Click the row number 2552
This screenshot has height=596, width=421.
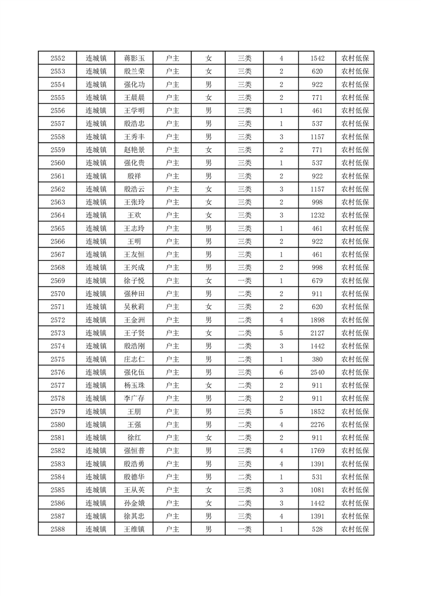click(57, 58)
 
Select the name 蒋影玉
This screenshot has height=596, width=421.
click(134, 58)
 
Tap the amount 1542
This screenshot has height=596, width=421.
click(317, 58)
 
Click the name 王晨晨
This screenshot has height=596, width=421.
click(134, 98)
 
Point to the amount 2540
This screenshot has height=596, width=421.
click(317, 372)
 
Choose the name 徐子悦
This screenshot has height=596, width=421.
click(134, 280)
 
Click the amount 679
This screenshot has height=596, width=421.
click(317, 280)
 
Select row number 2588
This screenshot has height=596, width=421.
click(57, 529)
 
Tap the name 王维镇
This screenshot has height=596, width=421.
click(134, 529)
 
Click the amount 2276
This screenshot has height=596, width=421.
click(317, 424)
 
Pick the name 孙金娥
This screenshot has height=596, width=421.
click(134, 503)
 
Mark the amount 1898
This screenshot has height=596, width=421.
click(317, 320)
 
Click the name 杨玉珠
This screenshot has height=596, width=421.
click(134, 385)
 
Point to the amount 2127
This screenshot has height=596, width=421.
click(317, 333)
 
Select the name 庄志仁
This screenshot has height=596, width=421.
click(134, 359)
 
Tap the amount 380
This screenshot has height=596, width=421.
click(317, 359)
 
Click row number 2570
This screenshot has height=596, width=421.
click(57, 294)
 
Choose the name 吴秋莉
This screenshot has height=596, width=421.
click(134, 306)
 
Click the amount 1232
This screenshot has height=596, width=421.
click(317, 215)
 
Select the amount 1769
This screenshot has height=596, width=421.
click(317, 450)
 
